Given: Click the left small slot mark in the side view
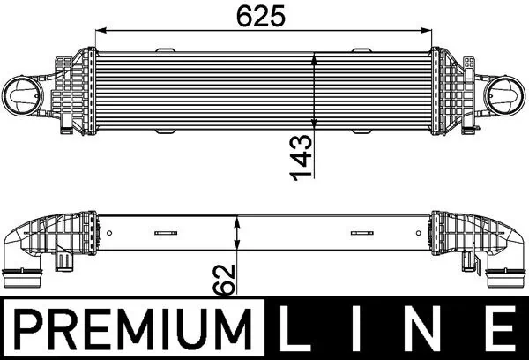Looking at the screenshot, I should [164, 234].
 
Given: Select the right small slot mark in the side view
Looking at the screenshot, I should [361, 234].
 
